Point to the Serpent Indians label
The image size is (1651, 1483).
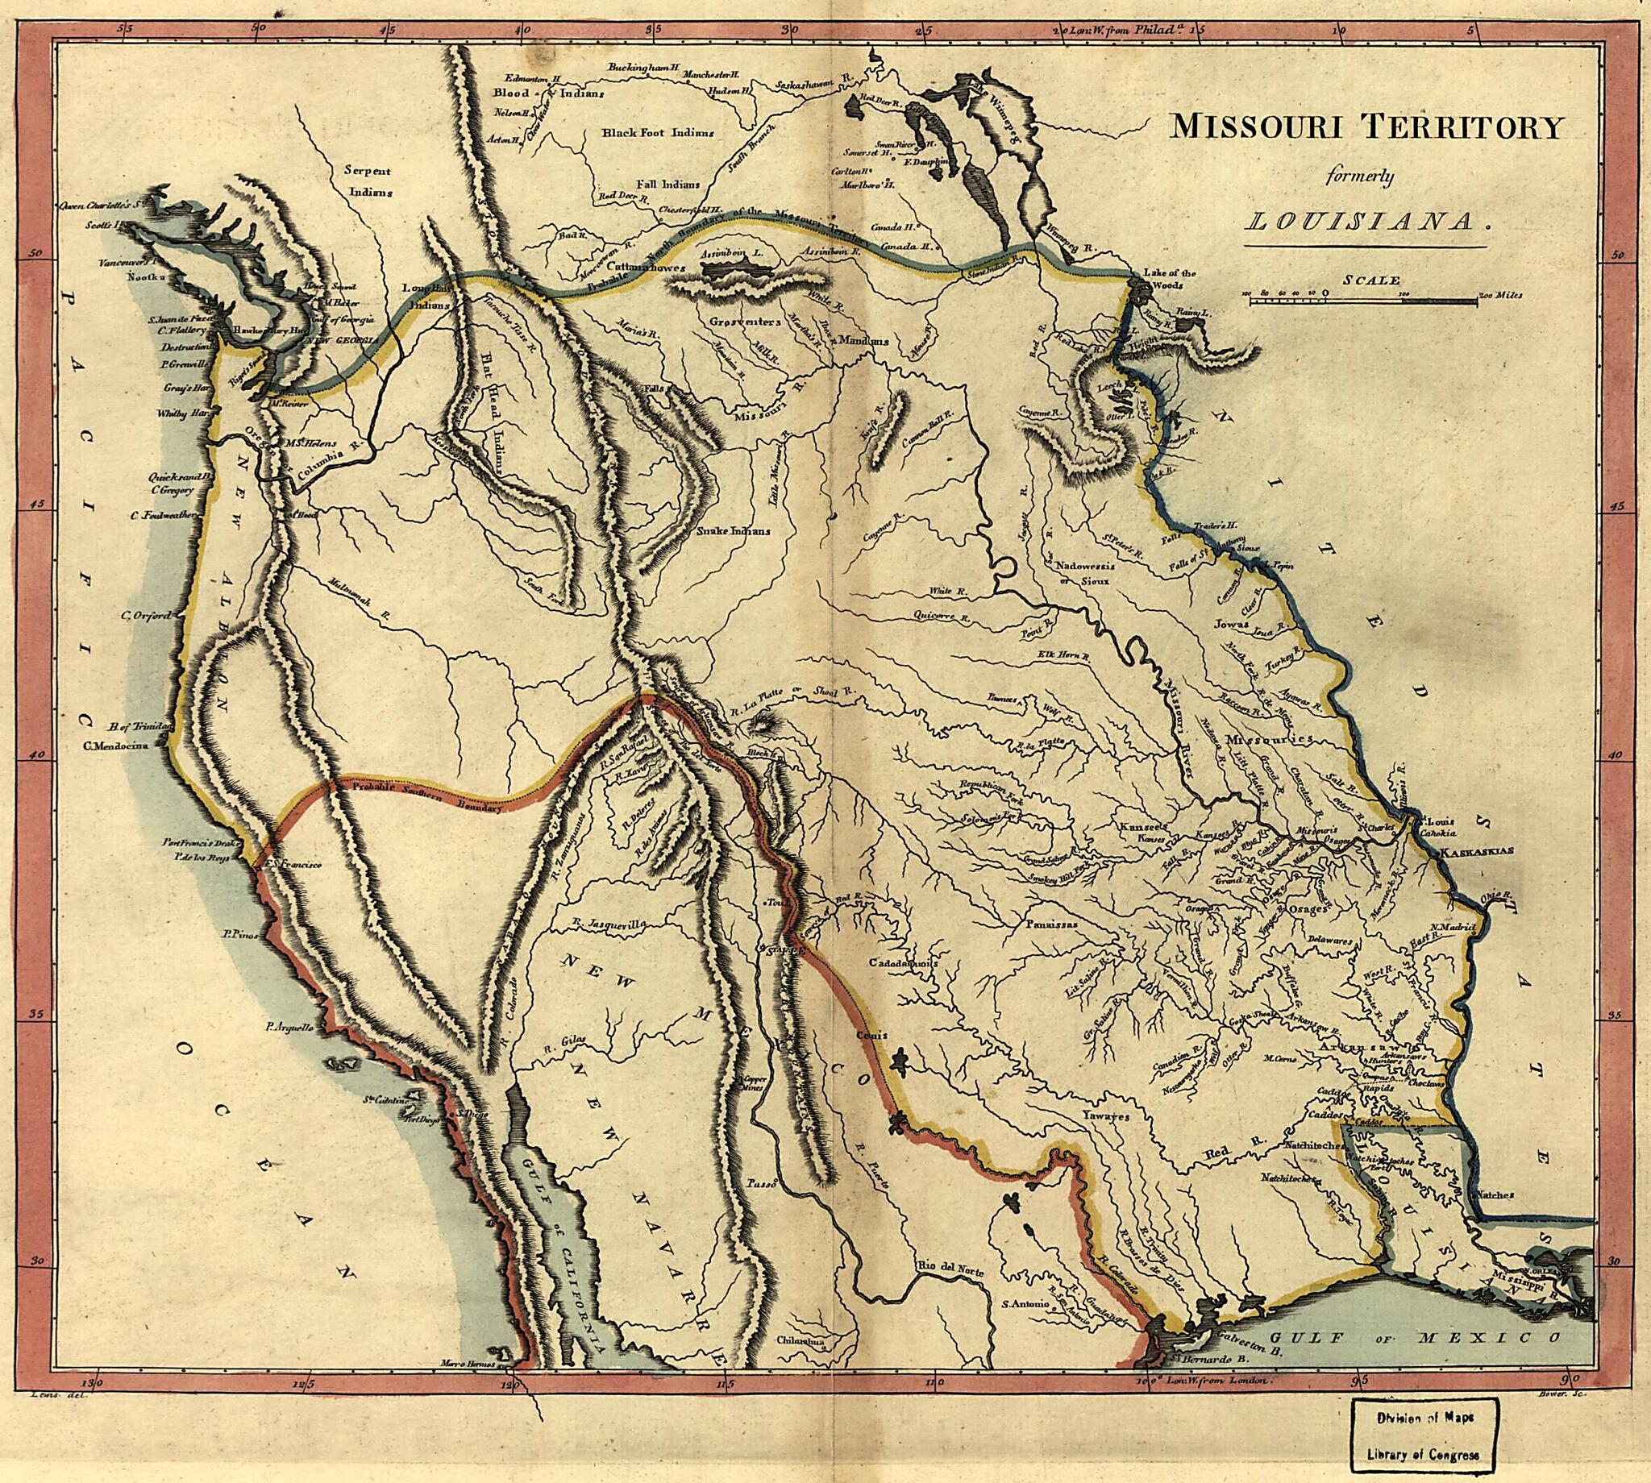(368, 181)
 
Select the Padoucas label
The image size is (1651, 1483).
(1051, 925)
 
